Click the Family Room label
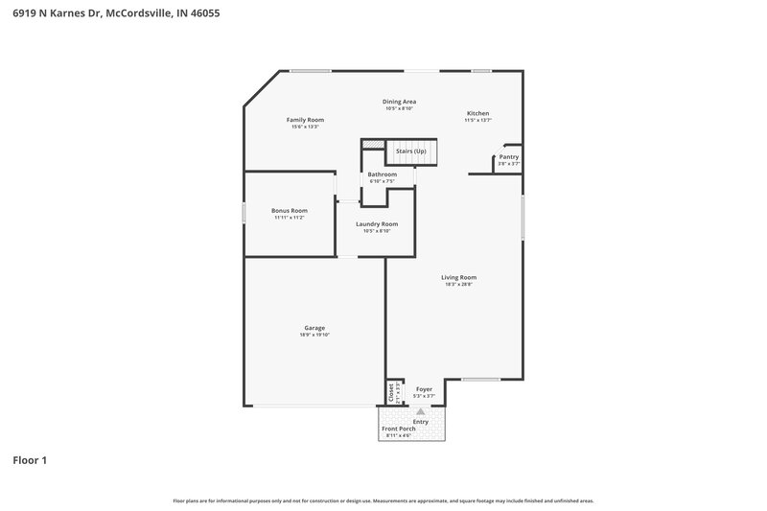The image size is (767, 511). pyautogui.click(x=305, y=120)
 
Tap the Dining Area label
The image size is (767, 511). pyautogui.click(x=399, y=101)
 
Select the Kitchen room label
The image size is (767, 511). pyautogui.click(x=477, y=113)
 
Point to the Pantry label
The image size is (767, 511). pyautogui.click(x=509, y=156)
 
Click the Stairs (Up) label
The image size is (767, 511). pyautogui.click(x=411, y=151)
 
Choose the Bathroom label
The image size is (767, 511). pyautogui.click(x=383, y=174)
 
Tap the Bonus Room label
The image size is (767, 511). pyautogui.click(x=289, y=210)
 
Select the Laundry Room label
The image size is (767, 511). pyautogui.click(x=377, y=223)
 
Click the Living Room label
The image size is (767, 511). pyautogui.click(x=459, y=277)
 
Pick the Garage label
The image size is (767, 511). pyautogui.click(x=314, y=328)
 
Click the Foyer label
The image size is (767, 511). pyautogui.click(x=424, y=389)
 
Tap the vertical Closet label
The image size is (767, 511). pyautogui.click(x=391, y=393)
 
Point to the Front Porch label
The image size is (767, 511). pyautogui.click(x=399, y=429)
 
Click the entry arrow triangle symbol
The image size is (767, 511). pyautogui.click(x=419, y=410)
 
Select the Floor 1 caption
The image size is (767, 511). pyautogui.click(x=30, y=460)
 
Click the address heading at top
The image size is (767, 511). pyautogui.click(x=105, y=14)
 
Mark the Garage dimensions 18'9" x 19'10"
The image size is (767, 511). pyautogui.click(x=314, y=335)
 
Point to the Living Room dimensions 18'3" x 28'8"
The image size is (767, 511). pyautogui.click(x=459, y=284)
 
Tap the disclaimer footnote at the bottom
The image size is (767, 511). pyautogui.click(x=383, y=500)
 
